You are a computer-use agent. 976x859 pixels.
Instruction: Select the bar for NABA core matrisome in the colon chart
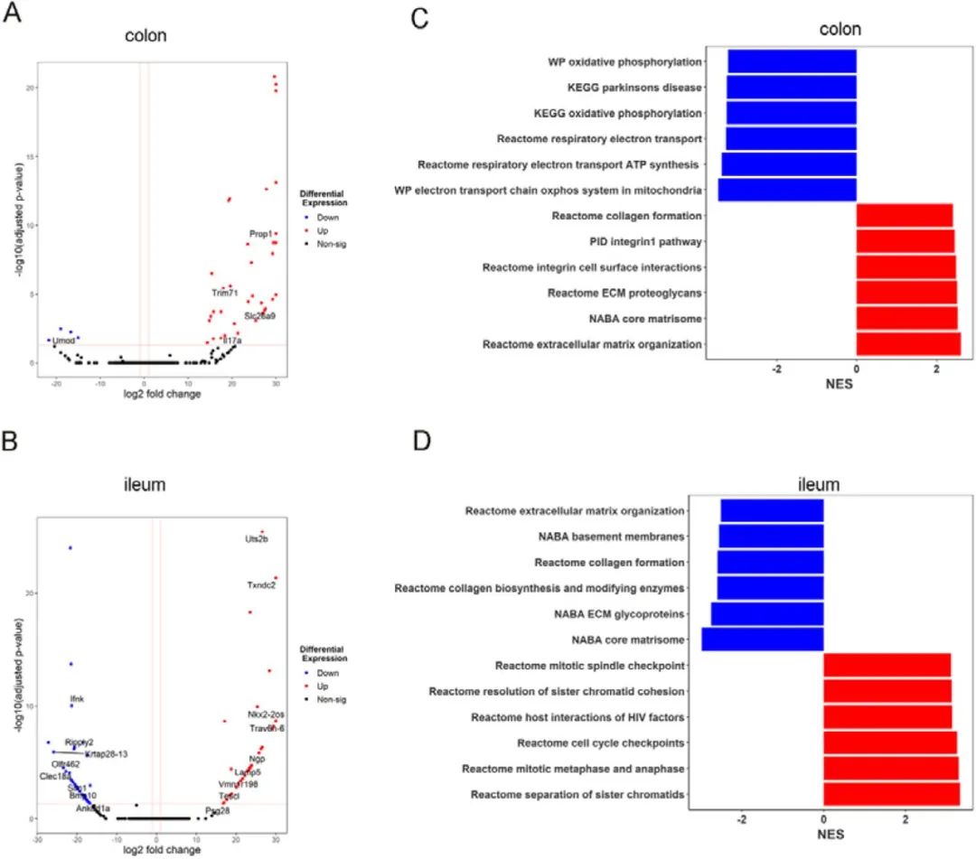906,318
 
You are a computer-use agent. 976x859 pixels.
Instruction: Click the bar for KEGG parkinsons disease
792,88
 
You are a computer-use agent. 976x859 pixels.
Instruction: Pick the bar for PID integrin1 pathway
905,241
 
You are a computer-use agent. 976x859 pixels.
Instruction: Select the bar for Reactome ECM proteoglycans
906,293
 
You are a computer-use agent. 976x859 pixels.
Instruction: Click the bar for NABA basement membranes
771,537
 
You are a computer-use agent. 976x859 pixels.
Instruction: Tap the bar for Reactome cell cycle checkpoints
889,743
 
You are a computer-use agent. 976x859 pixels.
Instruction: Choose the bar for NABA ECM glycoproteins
767,614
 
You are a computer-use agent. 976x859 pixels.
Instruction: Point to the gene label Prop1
261,235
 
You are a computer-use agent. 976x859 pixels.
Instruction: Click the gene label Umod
63,341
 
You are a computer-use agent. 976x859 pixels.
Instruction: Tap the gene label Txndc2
261,585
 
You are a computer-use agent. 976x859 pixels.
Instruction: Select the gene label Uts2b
257,539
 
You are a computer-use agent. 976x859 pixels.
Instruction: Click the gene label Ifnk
77,700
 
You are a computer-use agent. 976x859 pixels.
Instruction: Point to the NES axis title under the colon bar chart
840,382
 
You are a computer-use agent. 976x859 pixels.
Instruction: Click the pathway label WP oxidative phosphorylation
624,62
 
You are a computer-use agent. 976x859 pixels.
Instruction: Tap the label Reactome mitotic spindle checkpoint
589,666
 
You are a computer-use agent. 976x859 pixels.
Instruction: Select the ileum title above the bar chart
821,485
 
